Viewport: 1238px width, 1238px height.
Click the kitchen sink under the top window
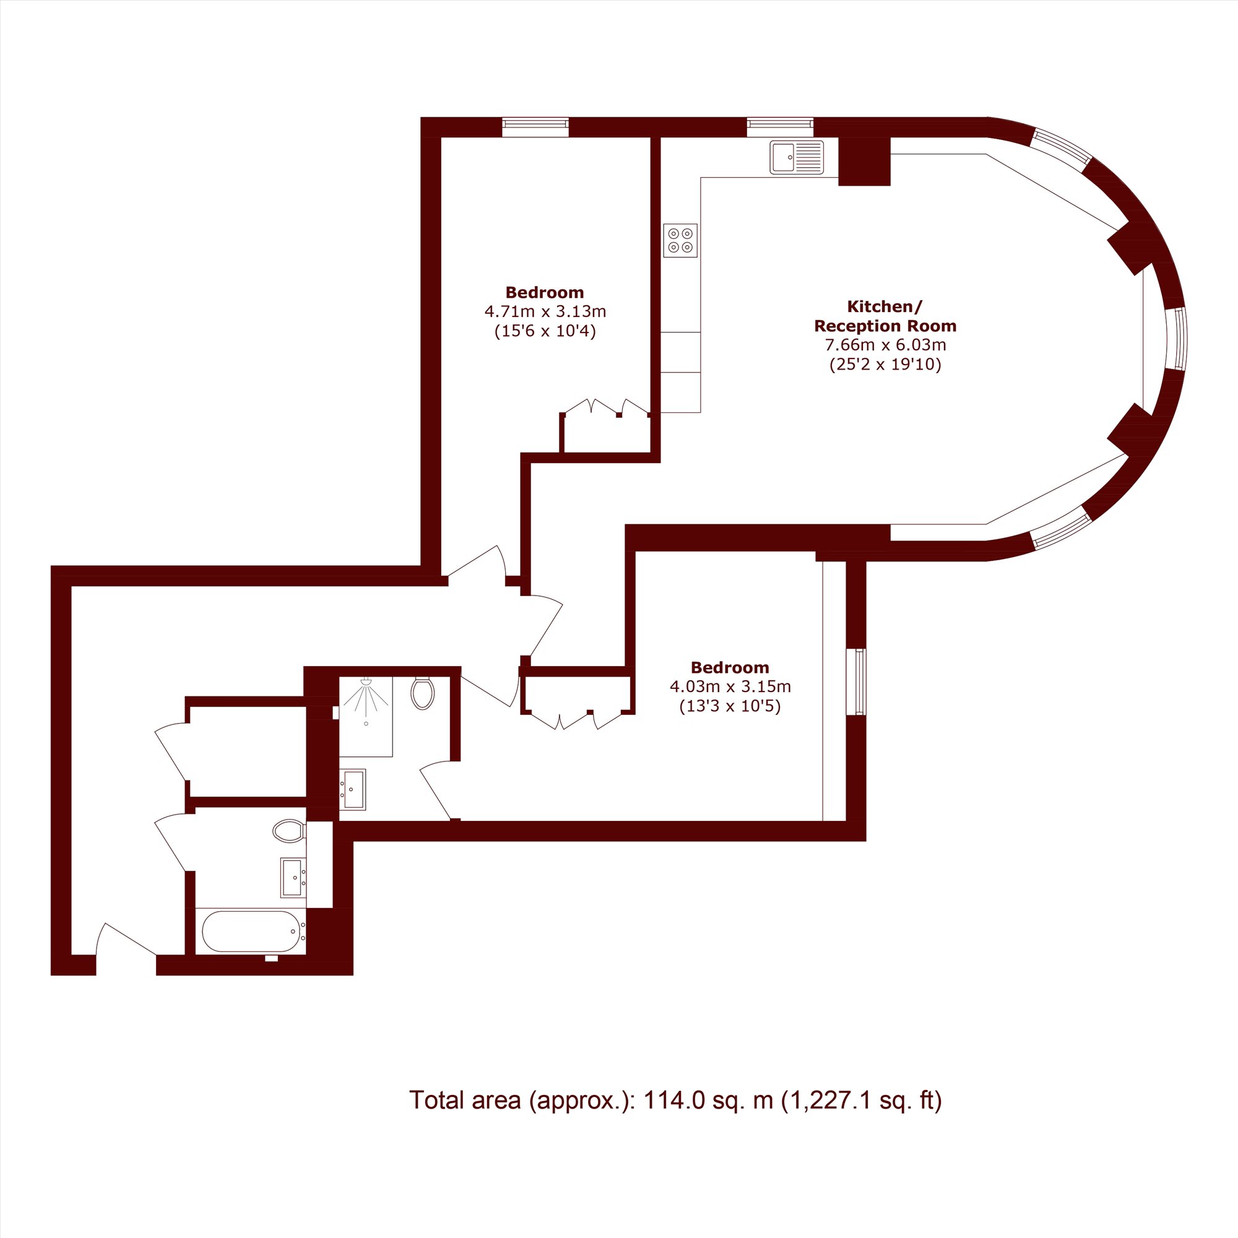[797, 157]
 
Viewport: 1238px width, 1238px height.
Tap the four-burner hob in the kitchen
[680, 240]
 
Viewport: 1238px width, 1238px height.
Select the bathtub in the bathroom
[253, 931]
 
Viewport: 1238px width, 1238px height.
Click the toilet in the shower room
[422, 693]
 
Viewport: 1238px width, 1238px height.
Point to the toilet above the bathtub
[289, 831]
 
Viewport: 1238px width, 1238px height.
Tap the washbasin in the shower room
[352, 789]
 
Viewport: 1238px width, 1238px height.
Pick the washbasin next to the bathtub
[293, 878]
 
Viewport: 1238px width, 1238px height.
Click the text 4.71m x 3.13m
[545, 312]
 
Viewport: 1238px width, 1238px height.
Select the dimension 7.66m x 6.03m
[885, 345]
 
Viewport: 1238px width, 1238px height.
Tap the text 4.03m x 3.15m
[730, 687]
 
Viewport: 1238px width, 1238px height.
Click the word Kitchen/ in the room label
[885, 306]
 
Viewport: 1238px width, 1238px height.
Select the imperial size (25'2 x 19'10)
[885, 365]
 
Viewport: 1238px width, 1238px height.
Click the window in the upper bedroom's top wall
[535, 127]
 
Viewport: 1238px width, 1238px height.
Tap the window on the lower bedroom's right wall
[856, 681]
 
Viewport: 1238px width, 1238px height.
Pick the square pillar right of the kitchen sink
[864, 162]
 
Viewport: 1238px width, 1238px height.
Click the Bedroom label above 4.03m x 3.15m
[730, 667]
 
